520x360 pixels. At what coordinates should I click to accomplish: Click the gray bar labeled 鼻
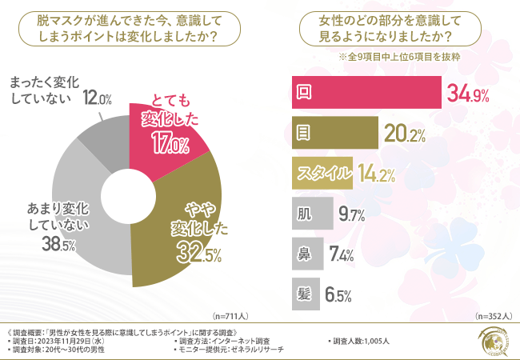[x=305, y=254]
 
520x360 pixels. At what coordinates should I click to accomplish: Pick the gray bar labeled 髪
[x=303, y=294]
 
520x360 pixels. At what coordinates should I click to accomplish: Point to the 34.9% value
[x=468, y=94]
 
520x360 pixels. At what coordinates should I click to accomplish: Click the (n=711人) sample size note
[x=233, y=316]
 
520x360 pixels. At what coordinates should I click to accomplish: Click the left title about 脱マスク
[x=131, y=29]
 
